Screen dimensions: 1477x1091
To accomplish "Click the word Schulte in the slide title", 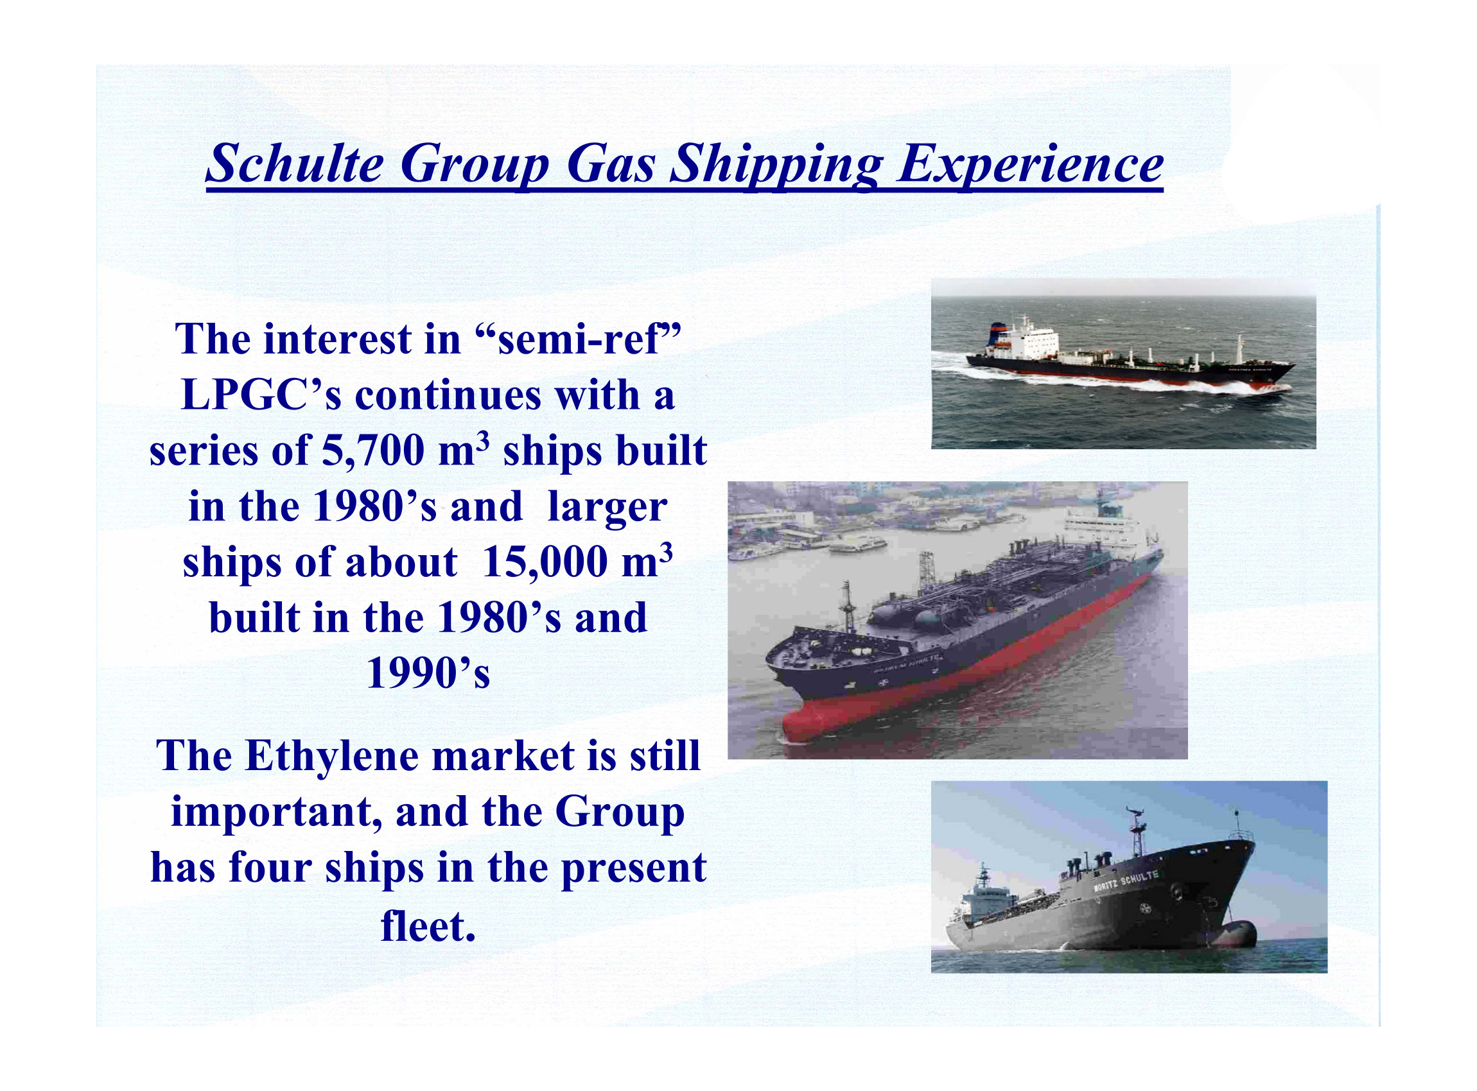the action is [295, 164].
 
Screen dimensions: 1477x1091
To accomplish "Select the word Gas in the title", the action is [611, 164].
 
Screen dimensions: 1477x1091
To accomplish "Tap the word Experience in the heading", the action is [1030, 165].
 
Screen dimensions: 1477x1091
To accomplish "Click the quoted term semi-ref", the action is [578, 339].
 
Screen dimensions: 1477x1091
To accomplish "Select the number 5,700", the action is [372, 452].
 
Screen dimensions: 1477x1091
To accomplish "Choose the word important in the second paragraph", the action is [276, 813].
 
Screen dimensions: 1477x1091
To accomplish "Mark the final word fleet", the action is [428, 927].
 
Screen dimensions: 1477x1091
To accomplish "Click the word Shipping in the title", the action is [776, 165].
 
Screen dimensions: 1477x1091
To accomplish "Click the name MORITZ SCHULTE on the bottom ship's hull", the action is [1126, 882].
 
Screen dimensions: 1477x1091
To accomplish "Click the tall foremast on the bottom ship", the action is [1137, 834].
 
